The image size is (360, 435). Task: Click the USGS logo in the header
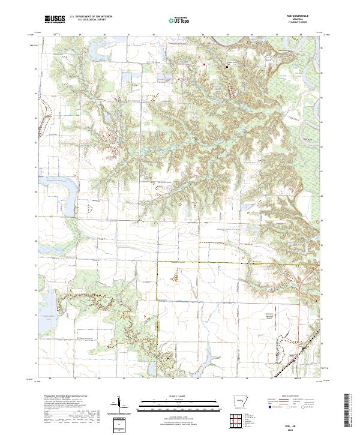(x=54, y=19)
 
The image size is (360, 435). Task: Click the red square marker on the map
(x=204, y=64)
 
